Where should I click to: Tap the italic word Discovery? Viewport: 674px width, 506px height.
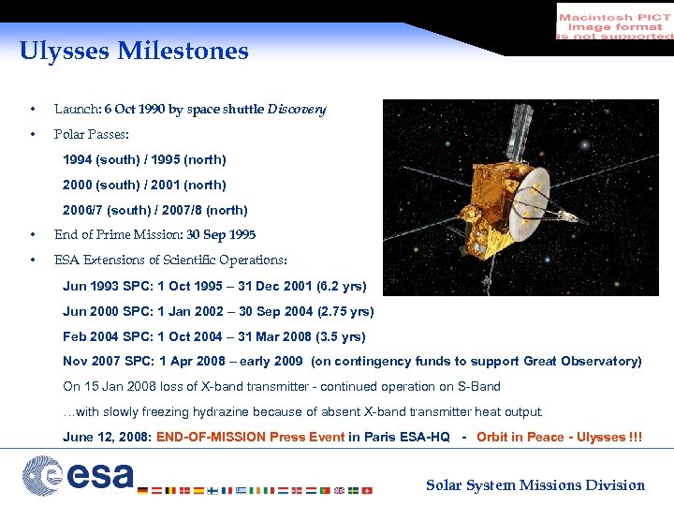pyautogui.click(x=297, y=110)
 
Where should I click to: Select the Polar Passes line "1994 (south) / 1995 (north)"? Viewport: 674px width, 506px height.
pyautogui.click(x=144, y=160)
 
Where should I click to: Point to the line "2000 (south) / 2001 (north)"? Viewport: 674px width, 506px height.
pyautogui.click(x=144, y=186)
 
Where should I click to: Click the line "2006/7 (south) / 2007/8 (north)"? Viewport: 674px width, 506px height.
pyautogui.click(x=155, y=211)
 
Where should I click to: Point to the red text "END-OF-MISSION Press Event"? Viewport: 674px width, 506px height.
pyautogui.click(x=251, y=438)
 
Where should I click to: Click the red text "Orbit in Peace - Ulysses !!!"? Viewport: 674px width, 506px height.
pyautogui.click(x=559, y=438)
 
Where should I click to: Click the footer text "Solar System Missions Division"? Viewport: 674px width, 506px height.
pyautogui.click(x=535, y=485)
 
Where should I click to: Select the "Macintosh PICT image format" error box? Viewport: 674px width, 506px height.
pyautogui.click(x=614, y=21)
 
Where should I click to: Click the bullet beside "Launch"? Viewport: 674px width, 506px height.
pyautogui.click(x=33, y=110)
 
